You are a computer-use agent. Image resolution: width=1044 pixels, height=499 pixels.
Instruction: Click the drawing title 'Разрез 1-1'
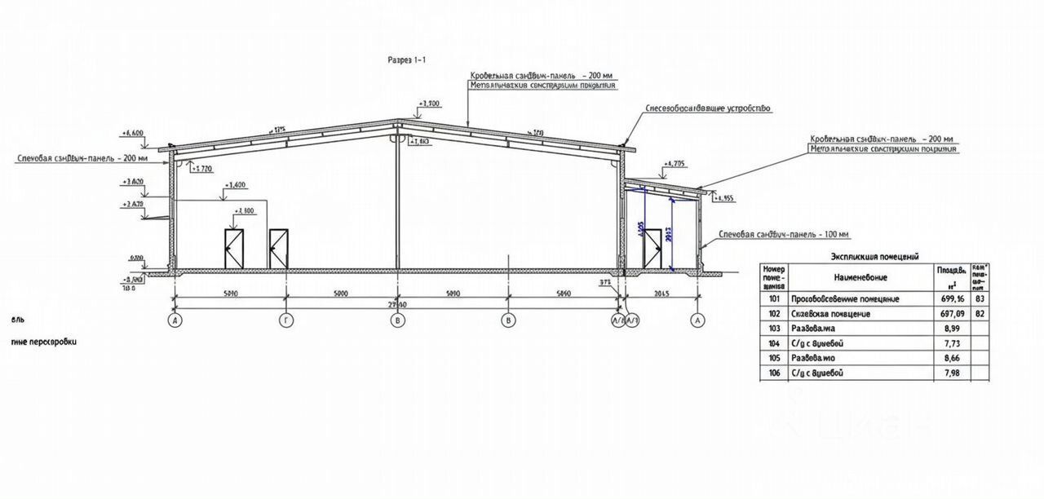pos(406,60)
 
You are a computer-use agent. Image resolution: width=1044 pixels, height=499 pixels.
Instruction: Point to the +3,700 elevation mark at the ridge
pos(429,104)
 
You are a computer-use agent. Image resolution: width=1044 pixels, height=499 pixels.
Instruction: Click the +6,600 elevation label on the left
pos(132,133)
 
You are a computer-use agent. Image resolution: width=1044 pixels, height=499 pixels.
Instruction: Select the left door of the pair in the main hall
pos(234,249)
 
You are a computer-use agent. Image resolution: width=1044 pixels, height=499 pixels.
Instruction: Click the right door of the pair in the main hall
pos(279,249)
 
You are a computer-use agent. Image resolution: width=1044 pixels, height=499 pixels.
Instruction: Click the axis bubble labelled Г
pos(286,321)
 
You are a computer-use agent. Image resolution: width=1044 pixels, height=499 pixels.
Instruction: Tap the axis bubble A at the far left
pos(175,321)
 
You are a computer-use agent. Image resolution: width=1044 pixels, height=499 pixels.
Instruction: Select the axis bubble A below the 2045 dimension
pos(697,321)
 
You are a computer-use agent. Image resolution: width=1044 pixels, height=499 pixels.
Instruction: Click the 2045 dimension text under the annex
pos(661,293)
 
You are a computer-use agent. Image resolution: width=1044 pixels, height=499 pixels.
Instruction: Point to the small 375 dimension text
pos(605,283)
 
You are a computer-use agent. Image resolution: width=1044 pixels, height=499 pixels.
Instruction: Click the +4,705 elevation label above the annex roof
pos(675,165)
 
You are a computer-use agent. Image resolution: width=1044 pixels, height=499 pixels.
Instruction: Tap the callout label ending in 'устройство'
pos(707,108)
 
